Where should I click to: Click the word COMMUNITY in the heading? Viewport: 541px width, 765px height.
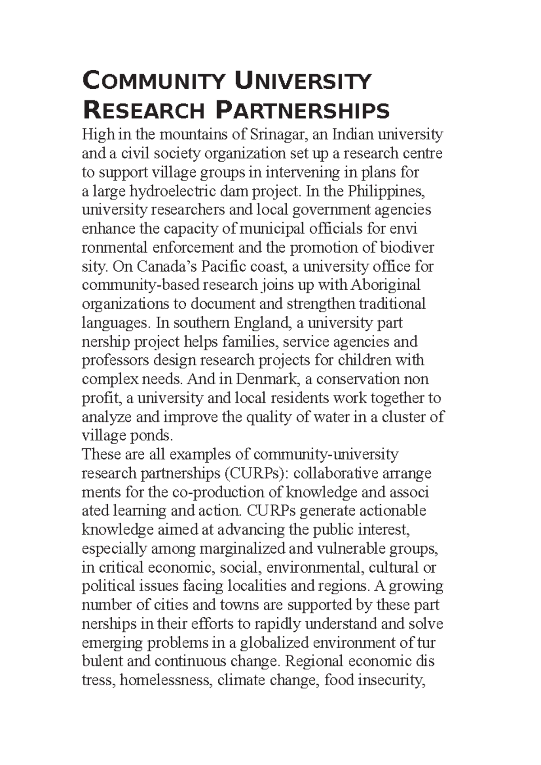tap(153, 82)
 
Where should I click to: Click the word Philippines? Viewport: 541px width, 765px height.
tap(386, 191)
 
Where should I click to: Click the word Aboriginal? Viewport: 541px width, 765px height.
tap(385, 285)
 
